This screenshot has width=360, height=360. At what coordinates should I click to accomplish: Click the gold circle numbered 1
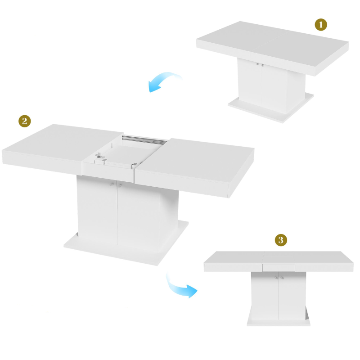pyautogui.click(x=320, y=25)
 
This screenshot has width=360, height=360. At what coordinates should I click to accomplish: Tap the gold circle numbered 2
pyautogui.click(x=24, y=121)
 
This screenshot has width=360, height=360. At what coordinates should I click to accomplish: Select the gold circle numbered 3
pyautogui.click(x=281, y=240)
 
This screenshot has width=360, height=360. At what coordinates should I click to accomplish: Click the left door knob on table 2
pyautogui.click(x=112, y=184)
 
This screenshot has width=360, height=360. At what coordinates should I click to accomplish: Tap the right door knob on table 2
pyautogui.click(x=120, y=185)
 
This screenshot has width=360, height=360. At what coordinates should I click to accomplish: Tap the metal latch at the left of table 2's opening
pyautogui.click(x=99, y=157)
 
